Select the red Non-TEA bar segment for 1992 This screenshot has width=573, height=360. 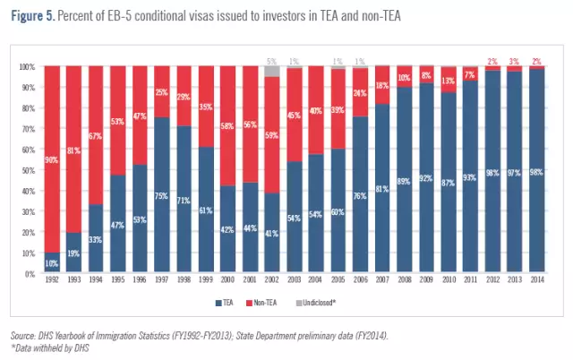[x=52, y=152]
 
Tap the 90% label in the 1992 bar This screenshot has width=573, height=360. [x=52, y=160]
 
